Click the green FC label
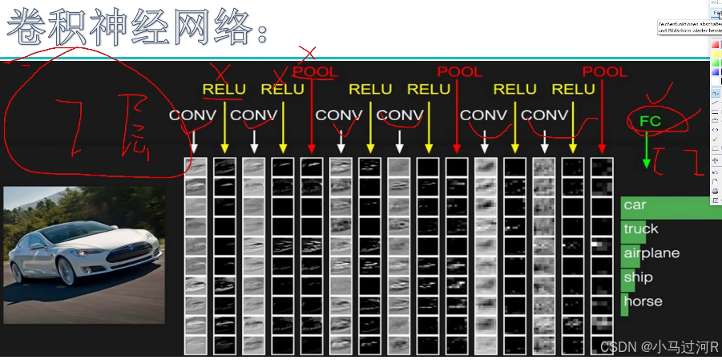pyautogui.click(x=650, y=121)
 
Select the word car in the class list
pyautogui.click(x=635, y=204)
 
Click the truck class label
pyautogui.click(x=640, y=229)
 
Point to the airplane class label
pyautogui.click(x=651, y=253)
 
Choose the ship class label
pyautogui.click(x=638, y=277)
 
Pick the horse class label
pyautogui.click(x=643, y=301)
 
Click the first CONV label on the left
pyautogui.click(x=192, y=115)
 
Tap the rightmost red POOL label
pyautogui.click(x=604, y=72)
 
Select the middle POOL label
pyautogui.click(x=459, y=72)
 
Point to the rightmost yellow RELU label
pyautogui.click(x=573, y=89)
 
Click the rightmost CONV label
pyautogui.click(x=544, y=115)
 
